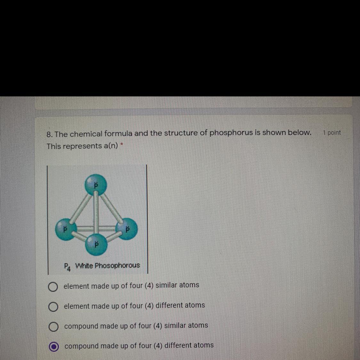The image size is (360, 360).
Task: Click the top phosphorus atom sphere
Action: click(x=96, y=185)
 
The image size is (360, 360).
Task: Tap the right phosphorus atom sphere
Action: click(x=127, y=229)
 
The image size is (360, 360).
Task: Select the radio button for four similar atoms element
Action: click(x=53, y=287)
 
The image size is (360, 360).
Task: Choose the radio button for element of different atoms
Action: click(x=53, y=307)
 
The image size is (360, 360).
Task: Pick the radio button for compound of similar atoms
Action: click(x=53, y=327)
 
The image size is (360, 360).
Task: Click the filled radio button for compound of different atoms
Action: click(x=54, y=347)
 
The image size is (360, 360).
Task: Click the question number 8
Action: click(x=49, y=134)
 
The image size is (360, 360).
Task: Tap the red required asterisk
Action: click(x=122, y=144)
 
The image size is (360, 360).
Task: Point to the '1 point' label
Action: click(x=332, y=133)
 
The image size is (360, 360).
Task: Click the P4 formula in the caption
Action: click(x=68, y=267)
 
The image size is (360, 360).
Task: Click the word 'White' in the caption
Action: click(x=84, y=266)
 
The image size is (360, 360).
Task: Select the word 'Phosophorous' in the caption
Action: click(x=117, y=265)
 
